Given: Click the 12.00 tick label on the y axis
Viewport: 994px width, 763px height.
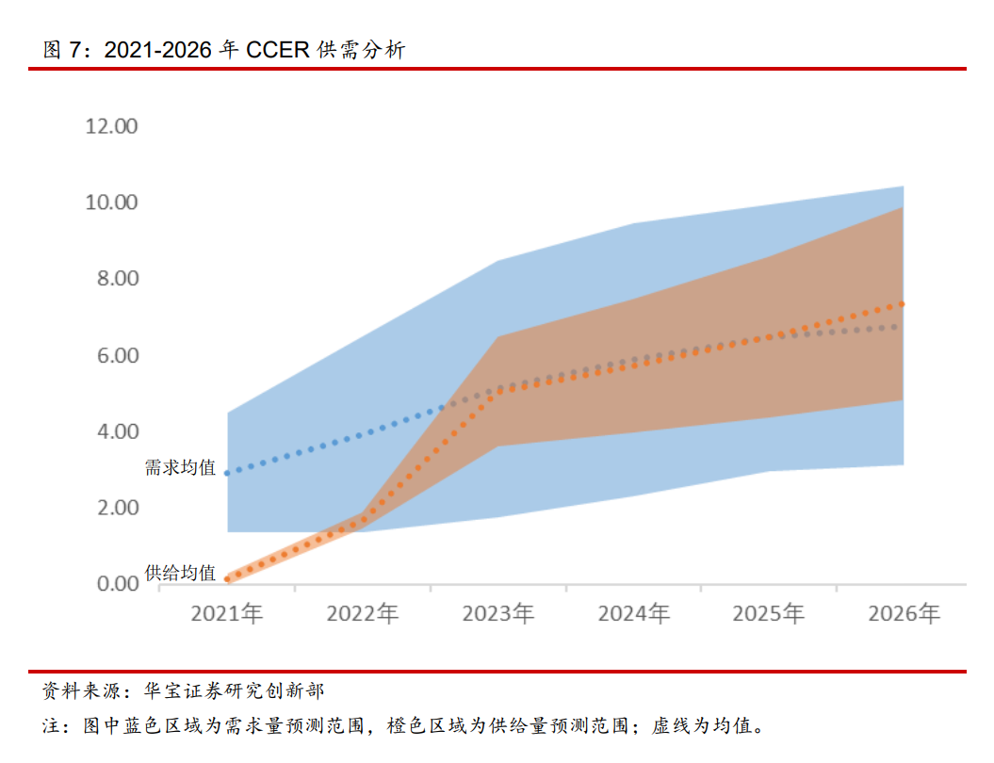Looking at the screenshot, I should [x=111, y=126].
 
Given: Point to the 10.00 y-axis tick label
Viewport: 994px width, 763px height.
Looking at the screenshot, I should [x=111, y=203].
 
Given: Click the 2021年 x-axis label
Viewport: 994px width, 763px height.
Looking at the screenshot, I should [x=227, y=614].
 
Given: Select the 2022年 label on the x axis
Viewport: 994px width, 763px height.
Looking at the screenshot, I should [x=363, y=614].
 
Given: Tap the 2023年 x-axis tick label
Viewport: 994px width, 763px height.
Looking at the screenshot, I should [x=498, y=614].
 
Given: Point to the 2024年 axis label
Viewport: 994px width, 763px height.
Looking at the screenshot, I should [x=634, y=614].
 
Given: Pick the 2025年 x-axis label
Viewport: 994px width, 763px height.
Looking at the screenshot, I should [x=769, y=614].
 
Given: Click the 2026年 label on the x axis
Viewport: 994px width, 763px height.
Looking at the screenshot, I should [x=904, y=614].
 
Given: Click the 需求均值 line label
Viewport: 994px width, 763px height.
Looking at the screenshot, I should [x=180, y=467].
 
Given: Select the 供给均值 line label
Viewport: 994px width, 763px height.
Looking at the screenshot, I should [x=180, y=573].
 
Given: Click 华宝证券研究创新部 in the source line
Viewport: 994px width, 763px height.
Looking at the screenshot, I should [x=234, y=692].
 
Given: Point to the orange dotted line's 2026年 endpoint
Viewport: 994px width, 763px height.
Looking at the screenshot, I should [x=903, y=303].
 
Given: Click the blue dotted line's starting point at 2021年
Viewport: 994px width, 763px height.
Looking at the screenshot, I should [x=228, y=473].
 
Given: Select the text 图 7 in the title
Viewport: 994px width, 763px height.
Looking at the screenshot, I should [x=64, y=50].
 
